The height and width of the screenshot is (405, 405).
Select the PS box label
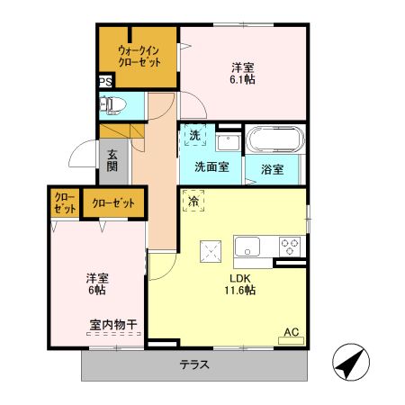coord(105,83)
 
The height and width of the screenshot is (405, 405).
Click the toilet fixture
coord(112,105)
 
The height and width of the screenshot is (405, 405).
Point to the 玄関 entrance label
coord(112,160)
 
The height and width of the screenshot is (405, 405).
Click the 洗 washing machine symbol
coord(195,137)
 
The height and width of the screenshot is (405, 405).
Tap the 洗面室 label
coord(211,167)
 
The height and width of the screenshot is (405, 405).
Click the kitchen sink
coord(247,246)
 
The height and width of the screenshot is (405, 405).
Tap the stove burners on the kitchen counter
coord(291,245)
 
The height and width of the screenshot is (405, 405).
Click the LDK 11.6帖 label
coord(239,283)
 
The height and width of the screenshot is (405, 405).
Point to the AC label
coord(292,332)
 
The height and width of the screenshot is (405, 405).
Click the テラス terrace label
coord(193,365)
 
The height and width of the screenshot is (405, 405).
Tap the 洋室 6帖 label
coord(97,284)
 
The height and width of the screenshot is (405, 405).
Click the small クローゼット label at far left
coord(64,202)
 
